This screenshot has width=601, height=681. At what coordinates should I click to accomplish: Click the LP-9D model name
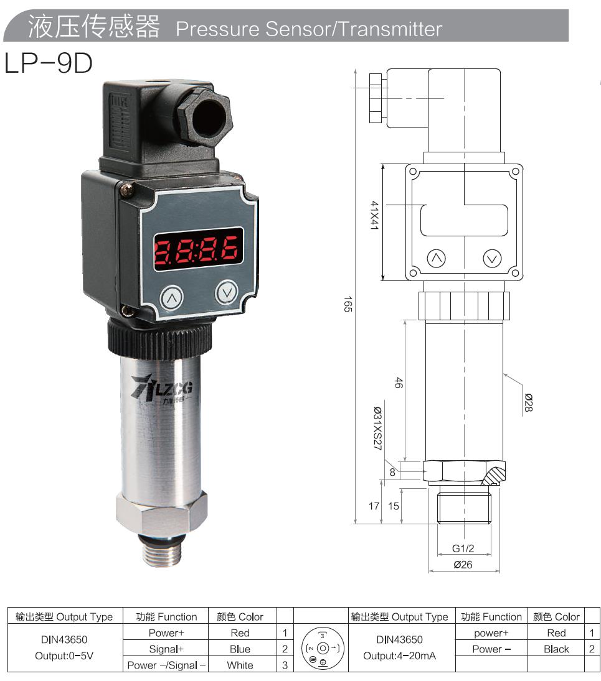(x=49, y=63)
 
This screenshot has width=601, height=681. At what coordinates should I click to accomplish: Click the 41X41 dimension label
(x=375, y=216)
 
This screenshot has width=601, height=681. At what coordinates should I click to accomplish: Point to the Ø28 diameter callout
(x=528, y=404)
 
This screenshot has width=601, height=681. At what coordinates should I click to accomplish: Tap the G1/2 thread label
(x=463, y=549)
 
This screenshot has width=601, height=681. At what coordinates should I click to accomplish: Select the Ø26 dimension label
(x=463, y=565)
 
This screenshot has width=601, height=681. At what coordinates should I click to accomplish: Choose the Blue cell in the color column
(x=240, y=649)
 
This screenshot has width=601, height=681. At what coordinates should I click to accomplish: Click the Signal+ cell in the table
(x=166, y=649)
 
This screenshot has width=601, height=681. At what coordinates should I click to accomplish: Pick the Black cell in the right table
(x=556, y=649)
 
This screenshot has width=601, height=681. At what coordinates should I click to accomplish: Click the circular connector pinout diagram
(x=319, y=649)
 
